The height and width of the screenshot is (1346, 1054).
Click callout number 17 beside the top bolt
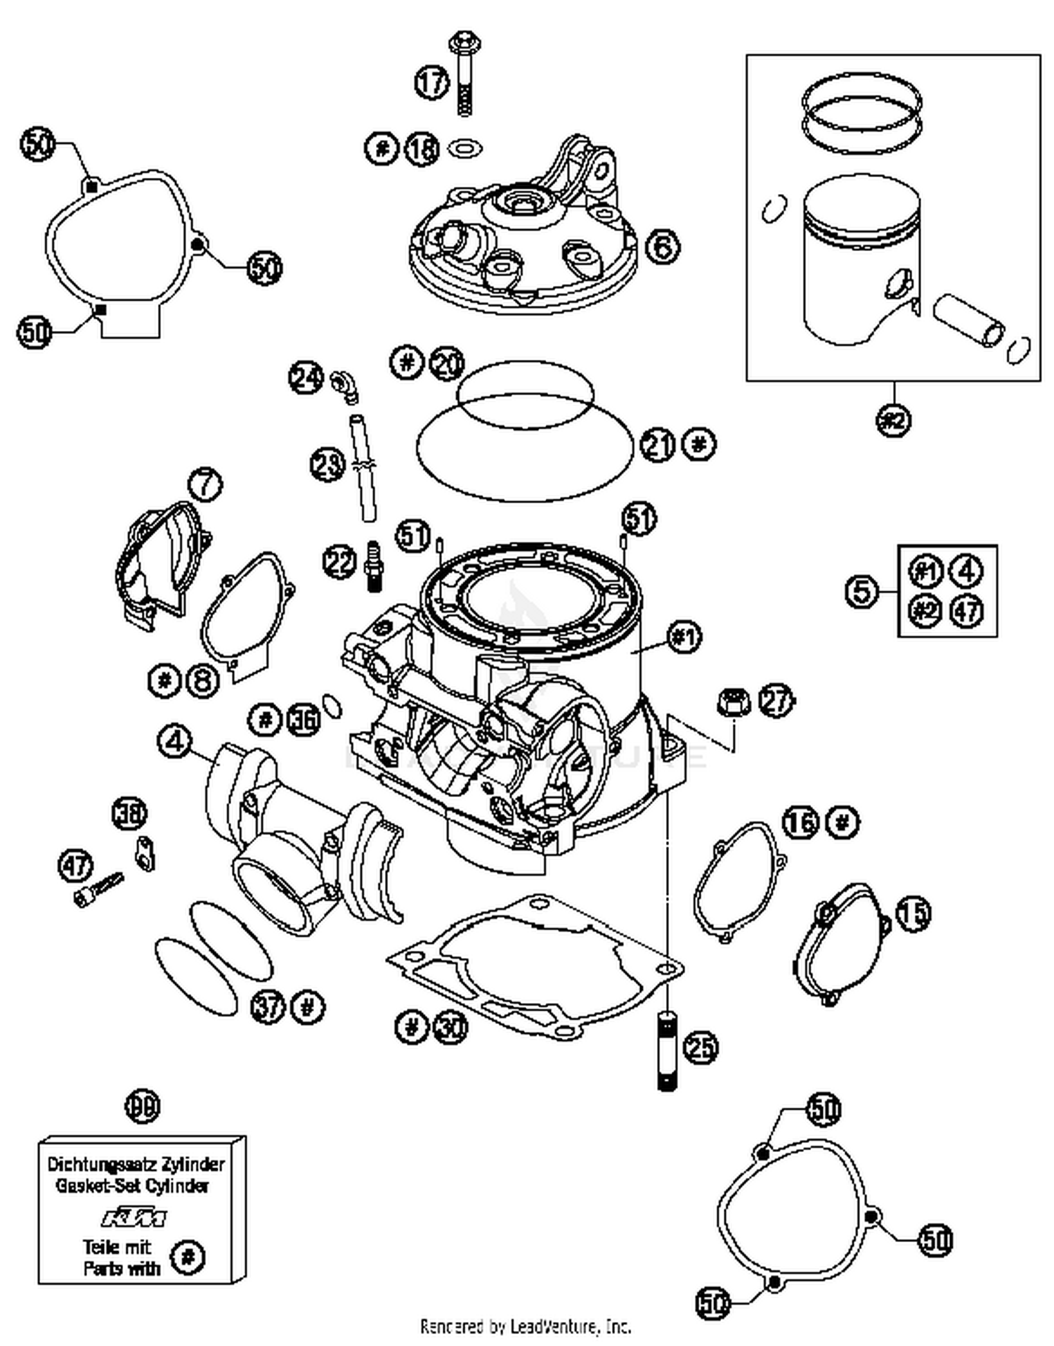431,83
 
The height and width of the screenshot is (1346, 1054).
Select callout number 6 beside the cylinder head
663,247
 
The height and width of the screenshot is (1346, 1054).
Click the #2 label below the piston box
894,420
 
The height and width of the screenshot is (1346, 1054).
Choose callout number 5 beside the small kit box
861,590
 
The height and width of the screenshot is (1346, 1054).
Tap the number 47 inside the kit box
967,610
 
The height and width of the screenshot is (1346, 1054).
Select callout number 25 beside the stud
701,1048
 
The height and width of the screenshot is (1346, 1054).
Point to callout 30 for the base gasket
450,1028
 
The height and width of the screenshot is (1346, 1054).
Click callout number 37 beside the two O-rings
268,1007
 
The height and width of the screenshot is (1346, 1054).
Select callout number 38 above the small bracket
130,814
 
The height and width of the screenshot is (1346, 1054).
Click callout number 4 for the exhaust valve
175,741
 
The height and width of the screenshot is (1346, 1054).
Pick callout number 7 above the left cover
205,484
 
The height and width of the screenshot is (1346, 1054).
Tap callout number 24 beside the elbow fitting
306,378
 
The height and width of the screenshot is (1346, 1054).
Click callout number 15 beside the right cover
913,914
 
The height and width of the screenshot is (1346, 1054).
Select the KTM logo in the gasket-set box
134,1217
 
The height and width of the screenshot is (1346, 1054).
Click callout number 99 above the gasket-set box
143,1106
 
